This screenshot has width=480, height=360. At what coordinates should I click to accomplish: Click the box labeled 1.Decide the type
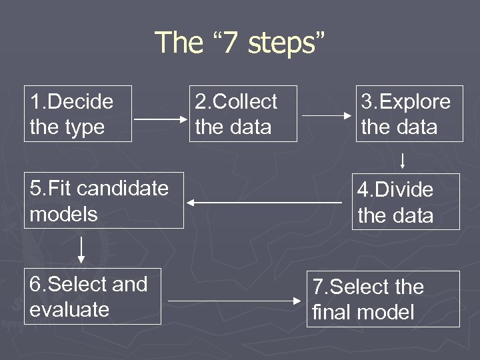coord(78,113)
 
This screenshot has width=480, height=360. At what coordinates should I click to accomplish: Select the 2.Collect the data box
coord(243,113)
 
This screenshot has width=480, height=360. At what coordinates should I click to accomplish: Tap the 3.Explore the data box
coord(408,113)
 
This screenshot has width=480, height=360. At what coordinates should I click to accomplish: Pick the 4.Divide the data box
coord(405,201)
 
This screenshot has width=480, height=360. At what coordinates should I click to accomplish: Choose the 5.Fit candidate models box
coord(103,200)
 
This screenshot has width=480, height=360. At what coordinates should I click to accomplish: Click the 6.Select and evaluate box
coord(92,296)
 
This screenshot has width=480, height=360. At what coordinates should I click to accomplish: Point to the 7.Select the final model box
coord(383,299)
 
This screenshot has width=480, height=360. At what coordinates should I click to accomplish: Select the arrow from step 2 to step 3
coord(327,115)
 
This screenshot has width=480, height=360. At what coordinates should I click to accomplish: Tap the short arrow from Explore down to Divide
coord(403,161)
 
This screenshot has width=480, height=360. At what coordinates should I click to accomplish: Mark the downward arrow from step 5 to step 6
coord(81,248)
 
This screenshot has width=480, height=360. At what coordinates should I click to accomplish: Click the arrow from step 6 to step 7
coord(233,301)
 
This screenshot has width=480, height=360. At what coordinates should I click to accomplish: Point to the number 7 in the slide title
coord(229,43)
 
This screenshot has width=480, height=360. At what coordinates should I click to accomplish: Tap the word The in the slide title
coord(179,43)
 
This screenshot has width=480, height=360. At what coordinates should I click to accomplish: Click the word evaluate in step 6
coord(69,309)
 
